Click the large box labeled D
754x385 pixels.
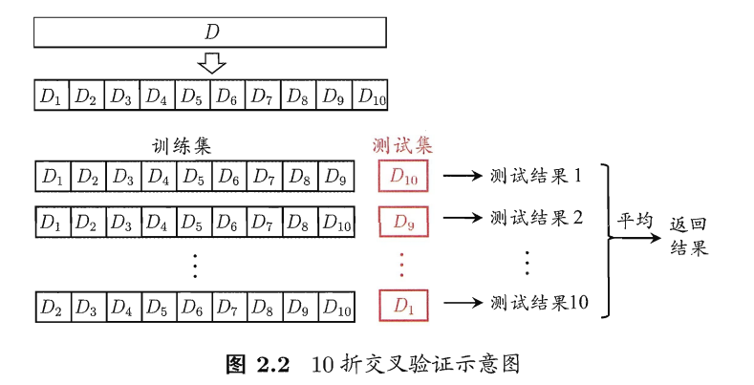[211, 32]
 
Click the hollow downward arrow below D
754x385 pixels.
[211, 64]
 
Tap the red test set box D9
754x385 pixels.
[404, 221]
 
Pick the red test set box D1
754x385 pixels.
[404, 306]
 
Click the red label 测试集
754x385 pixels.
[401, 146]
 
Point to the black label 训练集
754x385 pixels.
[182, 146]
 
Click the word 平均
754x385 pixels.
[634, 220]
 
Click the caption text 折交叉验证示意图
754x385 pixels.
[428, 364]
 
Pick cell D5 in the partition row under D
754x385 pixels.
[192, 96]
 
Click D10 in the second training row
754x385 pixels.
[334, 221]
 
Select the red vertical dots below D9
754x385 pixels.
[402, 262]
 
